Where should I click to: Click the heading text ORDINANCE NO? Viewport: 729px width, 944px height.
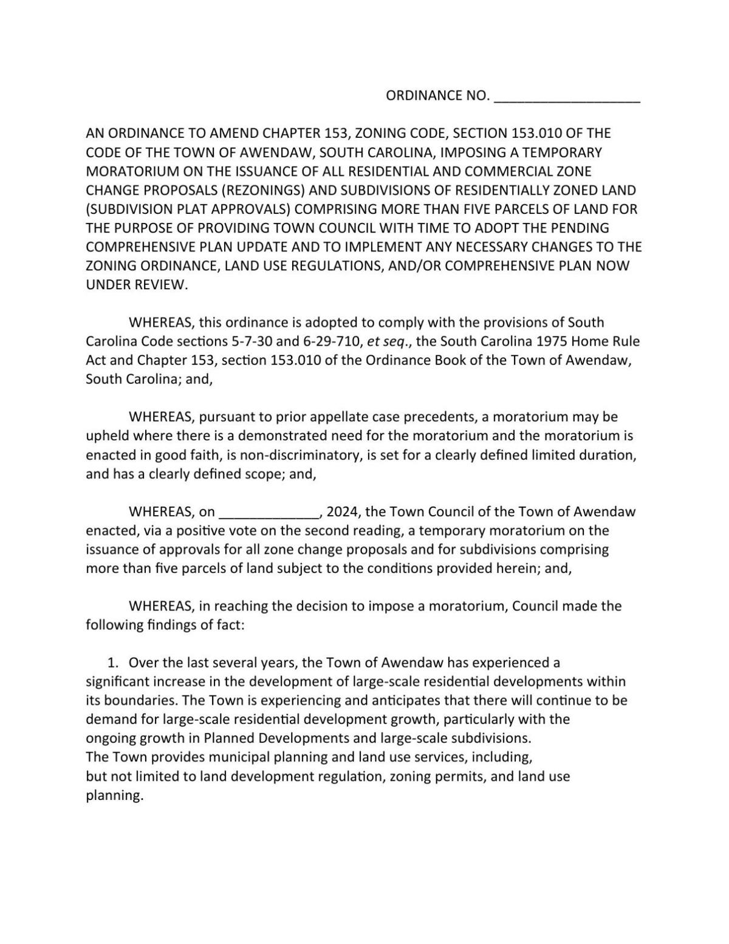tap(437, 95)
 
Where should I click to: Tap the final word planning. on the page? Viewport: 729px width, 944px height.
tap(115, 796)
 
